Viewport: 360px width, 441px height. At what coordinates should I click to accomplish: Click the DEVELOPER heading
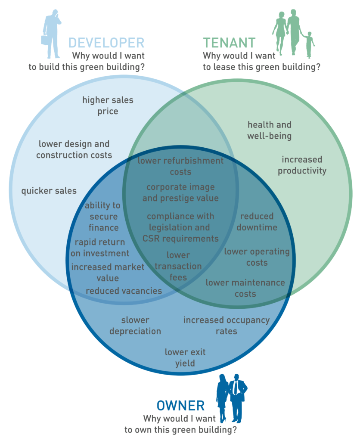click(106, 43)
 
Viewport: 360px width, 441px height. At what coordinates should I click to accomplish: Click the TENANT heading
click(229, 43)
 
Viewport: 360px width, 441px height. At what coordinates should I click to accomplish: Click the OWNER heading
click(180, 405)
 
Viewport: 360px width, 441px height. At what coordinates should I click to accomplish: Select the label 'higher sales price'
click(108, 106)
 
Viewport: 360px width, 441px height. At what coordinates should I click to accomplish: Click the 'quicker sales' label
click(49, 190)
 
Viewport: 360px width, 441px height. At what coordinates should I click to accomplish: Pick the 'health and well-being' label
click(270, 130)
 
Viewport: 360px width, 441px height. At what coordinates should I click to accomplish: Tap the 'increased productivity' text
click(302, 165)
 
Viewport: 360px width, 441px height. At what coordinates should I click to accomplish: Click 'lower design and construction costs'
click(74, 149)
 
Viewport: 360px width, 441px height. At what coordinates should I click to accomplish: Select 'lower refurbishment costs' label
click(180, 166)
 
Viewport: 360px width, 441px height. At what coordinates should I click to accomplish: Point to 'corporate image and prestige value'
click(180, 193)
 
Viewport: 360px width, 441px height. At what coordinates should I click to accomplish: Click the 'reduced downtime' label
click(257, 221)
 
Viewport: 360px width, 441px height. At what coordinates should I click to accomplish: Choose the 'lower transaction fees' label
click(178, 266)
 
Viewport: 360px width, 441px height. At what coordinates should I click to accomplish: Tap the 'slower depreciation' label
click(135, 326)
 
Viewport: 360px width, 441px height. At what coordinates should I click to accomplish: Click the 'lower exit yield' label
click(185, 357)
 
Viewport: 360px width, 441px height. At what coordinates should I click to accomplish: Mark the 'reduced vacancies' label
click(124, 291)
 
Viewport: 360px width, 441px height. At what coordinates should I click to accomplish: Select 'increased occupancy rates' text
click(227, 326)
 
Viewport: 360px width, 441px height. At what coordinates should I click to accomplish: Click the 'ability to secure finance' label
click(103, 216)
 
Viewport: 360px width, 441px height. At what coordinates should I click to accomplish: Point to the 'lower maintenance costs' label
click(245, 288)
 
